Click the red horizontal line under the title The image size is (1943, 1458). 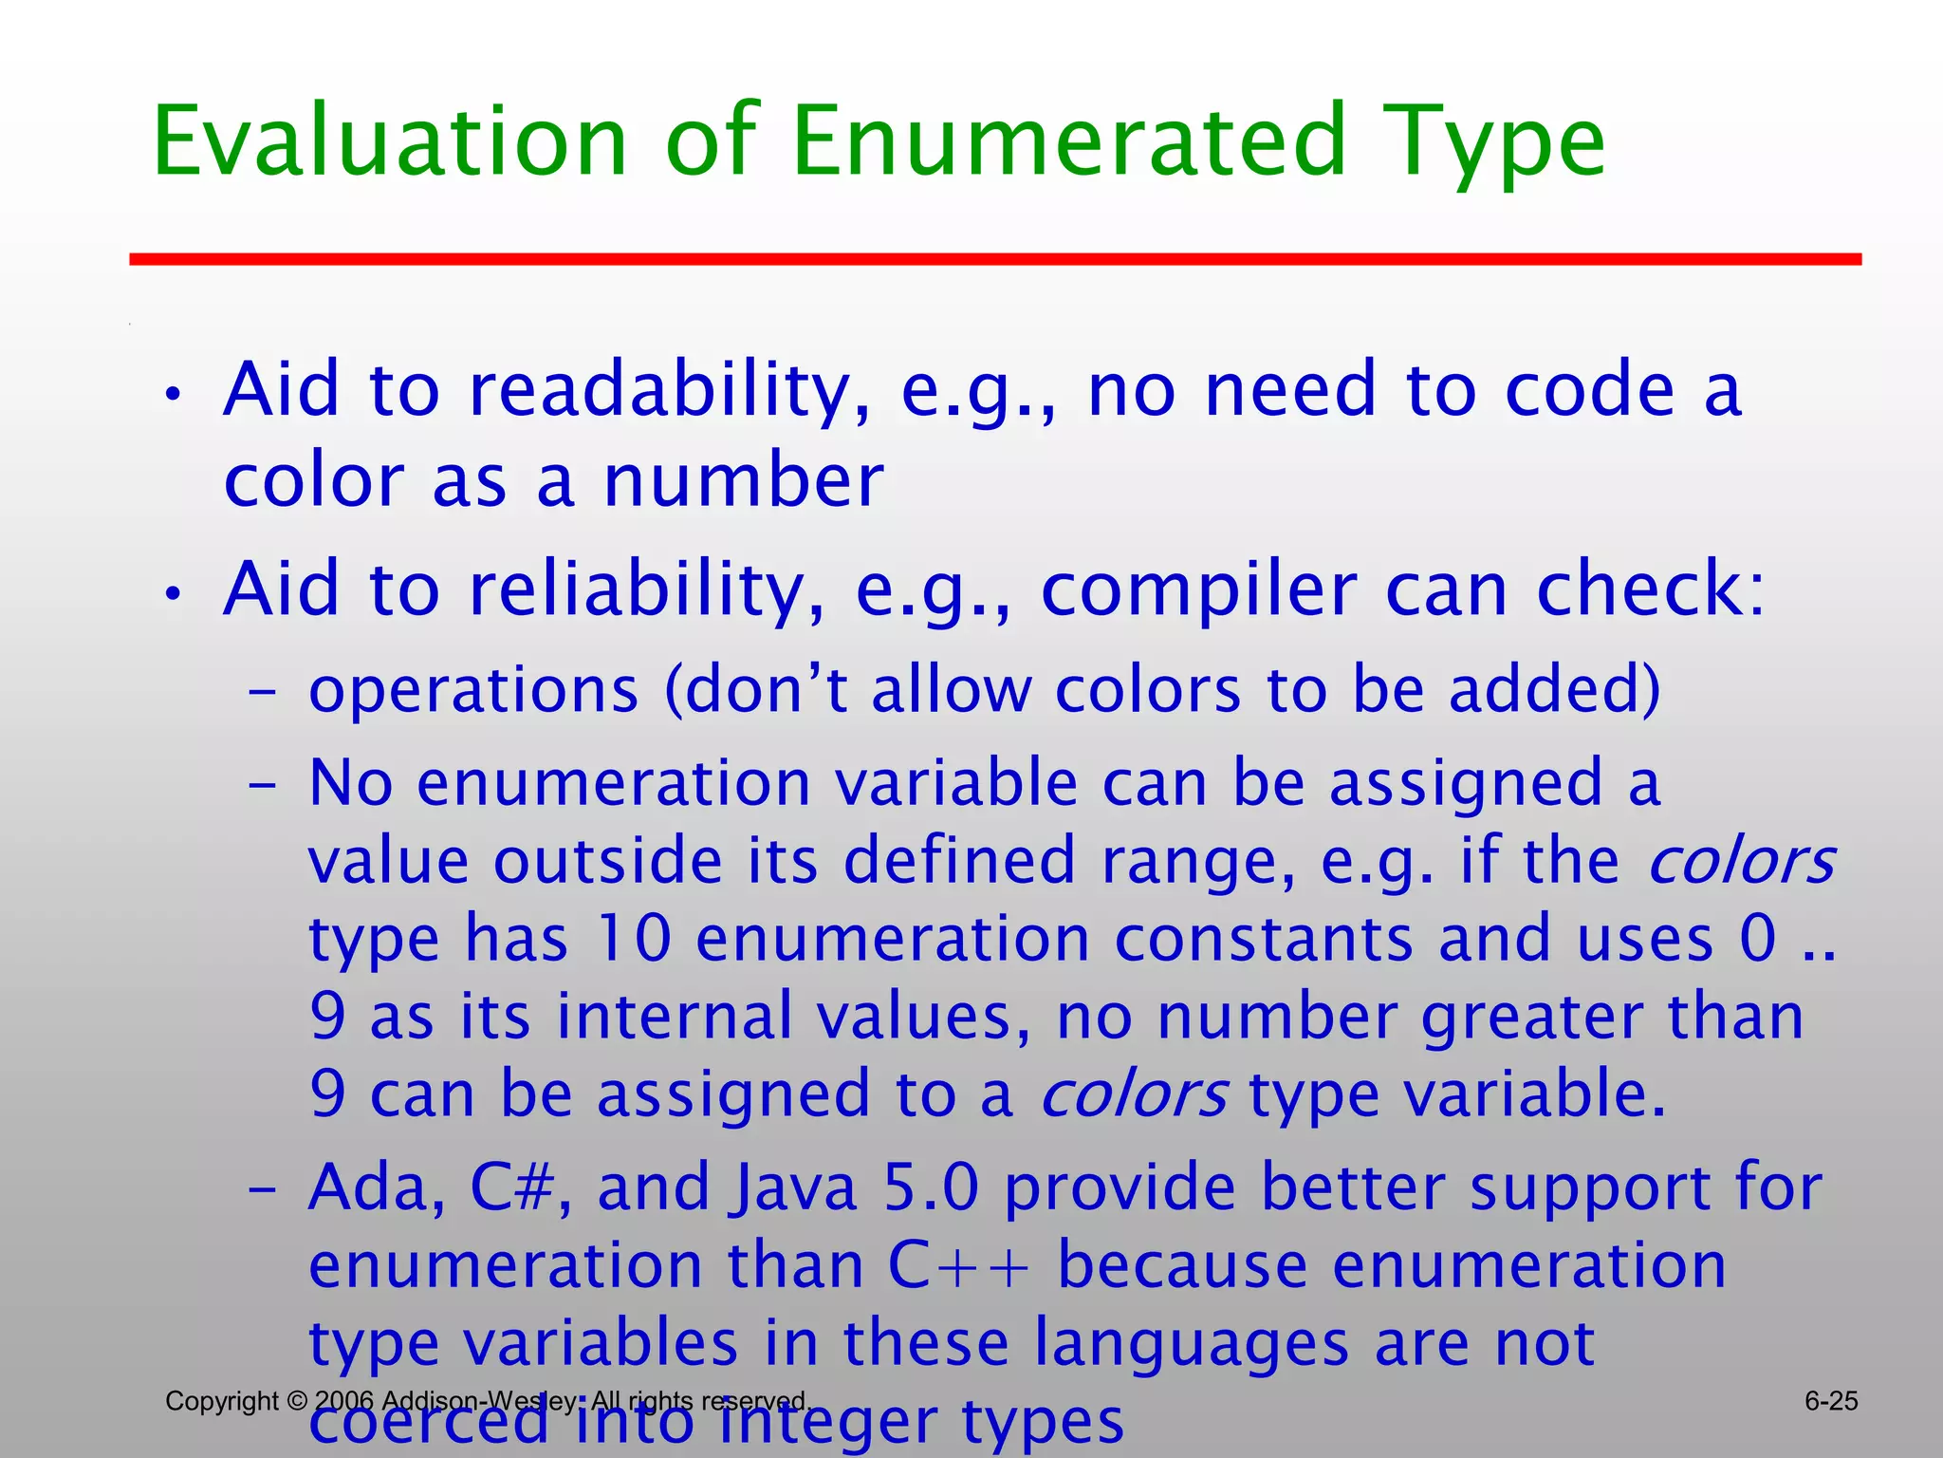tap(995, 259)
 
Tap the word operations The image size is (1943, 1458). tap(473, 690)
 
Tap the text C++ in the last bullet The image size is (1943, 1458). tap(957, 1265)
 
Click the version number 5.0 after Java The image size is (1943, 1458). tap(931, 1187)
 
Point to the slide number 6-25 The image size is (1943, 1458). tap(1831, 1401)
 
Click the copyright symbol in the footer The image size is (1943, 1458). tap(297, 1401)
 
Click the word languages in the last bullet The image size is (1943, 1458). tap(1191, 1344)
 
